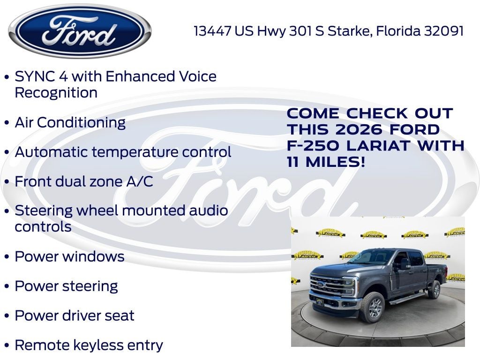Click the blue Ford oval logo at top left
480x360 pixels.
pyautogui.click(x=80, y=31)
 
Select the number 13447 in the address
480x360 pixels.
pyautogui.click(x=213, y=31)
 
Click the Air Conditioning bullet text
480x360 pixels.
pyautogui.click(x=70, y=122)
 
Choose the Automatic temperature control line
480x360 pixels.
pyautogui.click(x=123, y=152)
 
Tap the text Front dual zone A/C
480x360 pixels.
pyautogui.click(x=84, y=181)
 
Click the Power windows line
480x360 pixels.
pyautogui.click(x=69, y=256)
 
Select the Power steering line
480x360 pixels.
pyautogui.click(x=66, y=286)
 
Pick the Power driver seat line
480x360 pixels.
pyautogui.click(x=75, y=315)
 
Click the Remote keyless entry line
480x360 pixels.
pyautogui.click(x=89, y=345)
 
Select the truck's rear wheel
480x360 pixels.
pyautogui.click(x=435, y=290)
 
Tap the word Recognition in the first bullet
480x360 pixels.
pyautogui.click(x=56, y=92)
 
